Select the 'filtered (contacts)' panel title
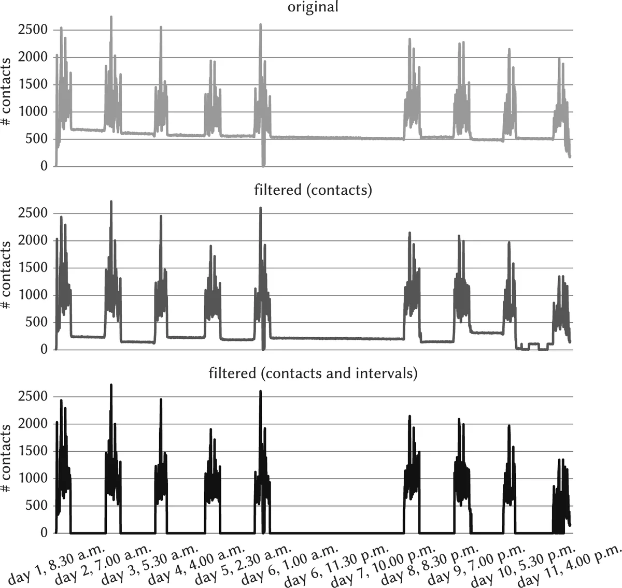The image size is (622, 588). point(313,190)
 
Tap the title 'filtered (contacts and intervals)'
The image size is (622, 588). point(313,373)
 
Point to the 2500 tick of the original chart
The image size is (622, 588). point(33,30)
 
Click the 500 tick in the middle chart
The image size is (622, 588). point(36,322)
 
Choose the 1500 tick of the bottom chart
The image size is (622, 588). point(33,451)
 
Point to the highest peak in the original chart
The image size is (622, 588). point(111,18)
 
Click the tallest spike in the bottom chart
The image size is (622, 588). point(111,385)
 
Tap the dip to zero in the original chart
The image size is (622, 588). point(263,164)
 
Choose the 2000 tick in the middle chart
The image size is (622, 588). point(33,240)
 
